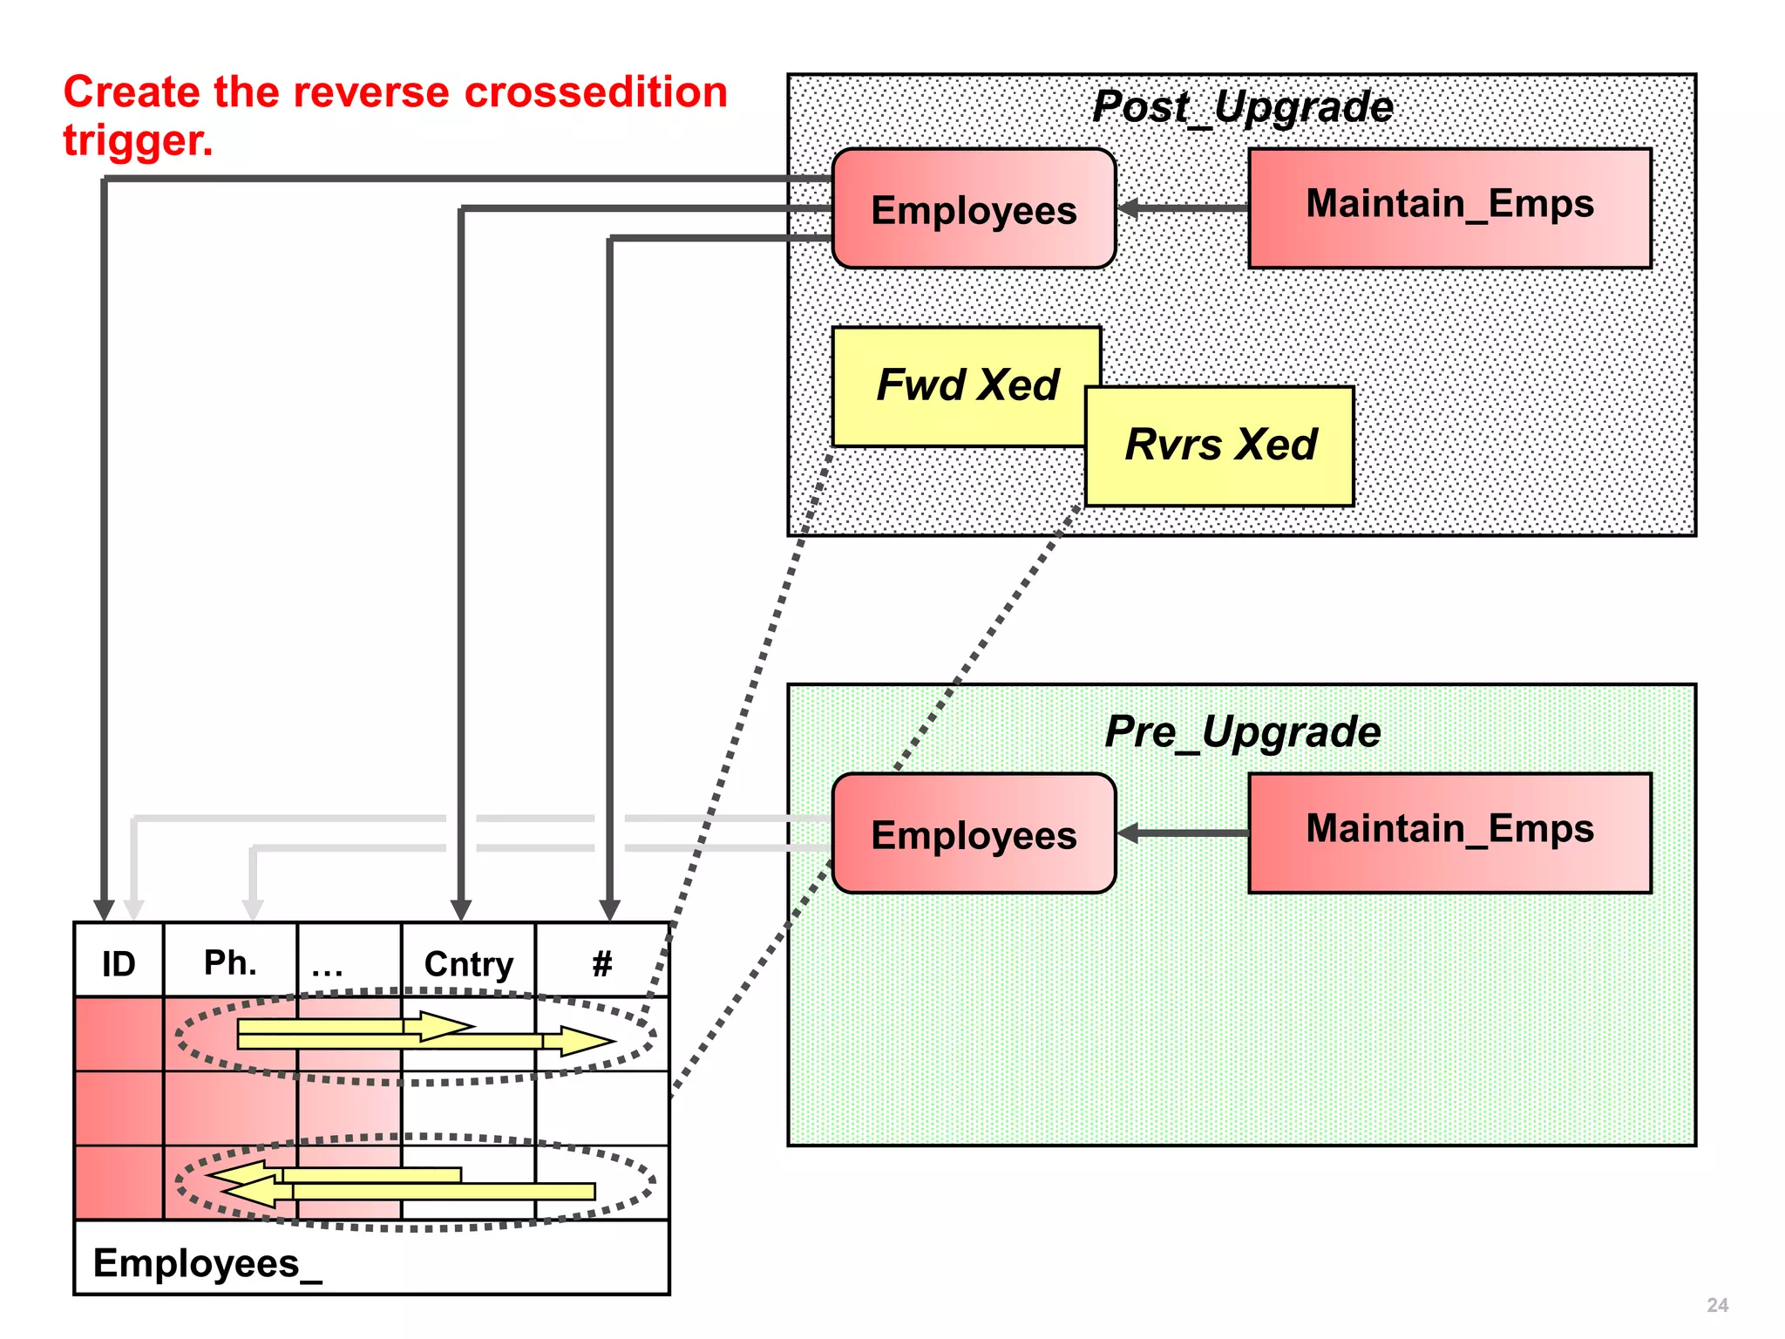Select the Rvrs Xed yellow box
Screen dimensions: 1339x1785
point(1220,446)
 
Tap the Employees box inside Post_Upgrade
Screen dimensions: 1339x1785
point(974,209)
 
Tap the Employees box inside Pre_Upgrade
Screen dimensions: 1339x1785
point(974,834)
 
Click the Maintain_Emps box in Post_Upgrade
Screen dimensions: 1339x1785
point(1449,207)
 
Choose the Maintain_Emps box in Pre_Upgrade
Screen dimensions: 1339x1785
point(1449,831)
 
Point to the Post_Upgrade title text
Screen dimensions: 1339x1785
point(1242,107)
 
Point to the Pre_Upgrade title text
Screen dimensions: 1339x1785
point(1242,732)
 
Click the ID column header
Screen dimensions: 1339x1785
point(119,964)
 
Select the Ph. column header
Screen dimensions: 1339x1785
point(230,963)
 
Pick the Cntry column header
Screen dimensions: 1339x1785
point(468,964)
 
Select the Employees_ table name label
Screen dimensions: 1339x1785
point(207,1263)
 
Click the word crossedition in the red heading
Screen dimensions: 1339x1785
point(595,92)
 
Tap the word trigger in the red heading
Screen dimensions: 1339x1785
point(137,140)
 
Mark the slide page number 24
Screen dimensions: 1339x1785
point(1717,1305)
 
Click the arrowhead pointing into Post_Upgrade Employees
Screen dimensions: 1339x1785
point(1130,208)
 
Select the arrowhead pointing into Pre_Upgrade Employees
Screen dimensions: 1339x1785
point(1130,833)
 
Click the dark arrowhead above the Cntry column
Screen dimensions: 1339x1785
point(461,910)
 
